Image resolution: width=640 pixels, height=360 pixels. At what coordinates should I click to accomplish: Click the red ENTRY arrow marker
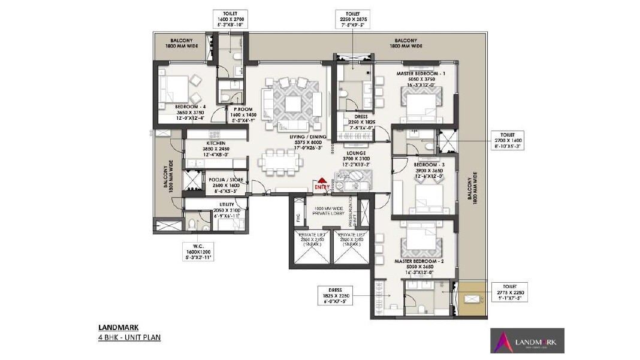point(322,181)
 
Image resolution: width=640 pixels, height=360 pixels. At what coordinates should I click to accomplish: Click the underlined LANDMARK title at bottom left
point(118,328)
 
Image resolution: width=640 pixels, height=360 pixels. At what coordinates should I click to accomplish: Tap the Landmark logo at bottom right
point(526,340)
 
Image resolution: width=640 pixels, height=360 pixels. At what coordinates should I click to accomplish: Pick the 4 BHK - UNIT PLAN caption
point(129,337)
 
